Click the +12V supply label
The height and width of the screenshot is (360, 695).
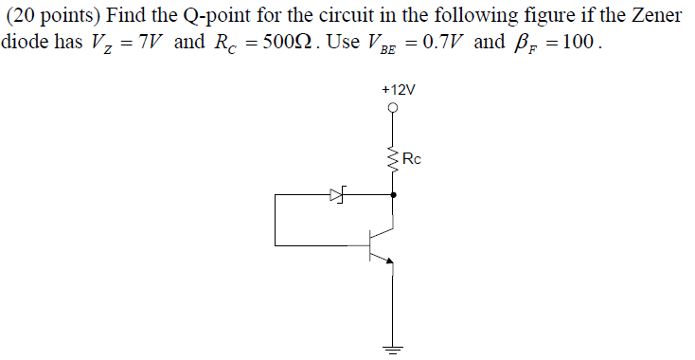pyautogui.click(x=398, y=89)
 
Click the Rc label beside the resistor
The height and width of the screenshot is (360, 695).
pyautogui.click(x=413, y=158)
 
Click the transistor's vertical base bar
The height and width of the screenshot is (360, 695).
pyautogui.click(x=373, y=244)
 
